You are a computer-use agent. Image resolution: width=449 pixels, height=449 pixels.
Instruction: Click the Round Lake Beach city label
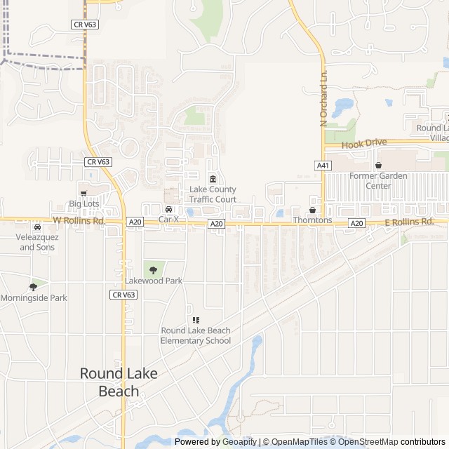[119, 382]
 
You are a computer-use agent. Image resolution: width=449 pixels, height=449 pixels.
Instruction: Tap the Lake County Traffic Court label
[213, 194]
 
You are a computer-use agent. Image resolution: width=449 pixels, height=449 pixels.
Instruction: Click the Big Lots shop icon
[84, 192]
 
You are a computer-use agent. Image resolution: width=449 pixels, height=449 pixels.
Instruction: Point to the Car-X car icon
[168, 209]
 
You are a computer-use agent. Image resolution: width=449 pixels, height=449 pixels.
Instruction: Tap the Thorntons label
[312, 220]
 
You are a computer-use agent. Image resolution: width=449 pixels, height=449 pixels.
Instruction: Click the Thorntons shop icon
[312, 210]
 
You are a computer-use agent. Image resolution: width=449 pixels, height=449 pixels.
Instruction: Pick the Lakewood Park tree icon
[153, 269]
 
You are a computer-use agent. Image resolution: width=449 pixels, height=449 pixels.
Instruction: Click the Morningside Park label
[34, 297]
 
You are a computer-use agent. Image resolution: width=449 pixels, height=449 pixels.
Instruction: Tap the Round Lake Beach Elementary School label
[196, 335]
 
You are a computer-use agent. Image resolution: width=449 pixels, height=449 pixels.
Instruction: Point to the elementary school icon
[196, 320]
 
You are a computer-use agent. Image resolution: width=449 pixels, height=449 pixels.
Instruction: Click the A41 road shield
[323, 166]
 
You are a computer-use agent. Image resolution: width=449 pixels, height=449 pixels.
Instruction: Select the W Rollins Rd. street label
[79, 221]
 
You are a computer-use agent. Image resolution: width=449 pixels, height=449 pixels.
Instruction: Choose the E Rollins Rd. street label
[410, 222]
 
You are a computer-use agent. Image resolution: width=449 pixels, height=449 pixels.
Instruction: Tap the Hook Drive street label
[364, 143]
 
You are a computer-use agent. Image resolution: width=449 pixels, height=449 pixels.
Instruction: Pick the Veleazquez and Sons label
[36, 242]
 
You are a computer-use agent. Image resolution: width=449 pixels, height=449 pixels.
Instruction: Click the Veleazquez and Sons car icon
[37, 227]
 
